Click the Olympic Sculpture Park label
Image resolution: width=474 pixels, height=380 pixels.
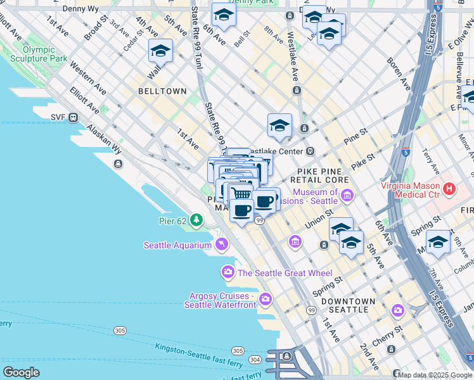point(44,54)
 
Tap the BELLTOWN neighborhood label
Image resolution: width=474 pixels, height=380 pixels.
point(161,91)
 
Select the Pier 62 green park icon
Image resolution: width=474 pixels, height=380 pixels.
point(197,220)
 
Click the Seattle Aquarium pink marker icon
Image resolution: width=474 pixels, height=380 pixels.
point(222,244)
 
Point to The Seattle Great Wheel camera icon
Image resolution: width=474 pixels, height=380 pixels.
point(227,272)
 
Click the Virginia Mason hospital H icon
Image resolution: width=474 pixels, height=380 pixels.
point(450,188)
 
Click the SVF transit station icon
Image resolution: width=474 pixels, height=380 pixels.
point(74,117)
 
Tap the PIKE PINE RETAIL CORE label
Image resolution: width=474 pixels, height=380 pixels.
point(320,175)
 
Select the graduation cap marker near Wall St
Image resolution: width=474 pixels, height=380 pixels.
point(161,51)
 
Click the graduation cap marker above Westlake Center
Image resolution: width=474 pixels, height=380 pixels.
point(279,125)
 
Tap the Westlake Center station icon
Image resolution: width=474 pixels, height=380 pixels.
point(311,151)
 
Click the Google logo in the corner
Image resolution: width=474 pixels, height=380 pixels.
point(21,372)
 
